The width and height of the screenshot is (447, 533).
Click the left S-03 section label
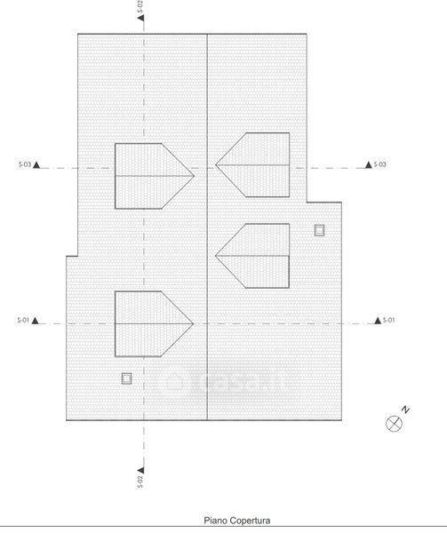tap(25, 164)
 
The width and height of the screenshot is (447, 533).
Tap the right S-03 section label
tap(380, 164)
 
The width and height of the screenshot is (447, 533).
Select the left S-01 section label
tap(23, 320)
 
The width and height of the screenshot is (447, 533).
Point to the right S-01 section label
tap(389, 320)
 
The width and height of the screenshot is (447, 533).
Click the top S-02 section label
tap(140, 6)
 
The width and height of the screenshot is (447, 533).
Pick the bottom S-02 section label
tap(140, 481)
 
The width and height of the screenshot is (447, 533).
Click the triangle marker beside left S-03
tap(36, 165)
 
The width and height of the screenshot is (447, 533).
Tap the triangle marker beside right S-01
tap(378, 320)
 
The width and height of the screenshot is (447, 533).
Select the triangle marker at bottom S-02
tap(140, 470)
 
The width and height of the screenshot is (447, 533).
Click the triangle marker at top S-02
tap(141, 18)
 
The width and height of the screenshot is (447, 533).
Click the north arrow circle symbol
tap(394, 424)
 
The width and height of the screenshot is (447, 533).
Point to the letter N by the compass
tap(405, 410)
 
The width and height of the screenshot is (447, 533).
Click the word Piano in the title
tap(215, 521)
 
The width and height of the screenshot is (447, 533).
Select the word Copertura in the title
tap(251, 521)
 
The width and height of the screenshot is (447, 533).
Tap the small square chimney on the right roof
tap(319, 230)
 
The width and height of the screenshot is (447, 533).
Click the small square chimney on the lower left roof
tap(126, 378)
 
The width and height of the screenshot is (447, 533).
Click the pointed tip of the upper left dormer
tap(194, 176)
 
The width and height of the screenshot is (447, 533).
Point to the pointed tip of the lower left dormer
tap(194, 323)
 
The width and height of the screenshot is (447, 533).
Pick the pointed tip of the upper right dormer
tap(216, 165)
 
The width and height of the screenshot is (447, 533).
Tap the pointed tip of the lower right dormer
tap(216, 255)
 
